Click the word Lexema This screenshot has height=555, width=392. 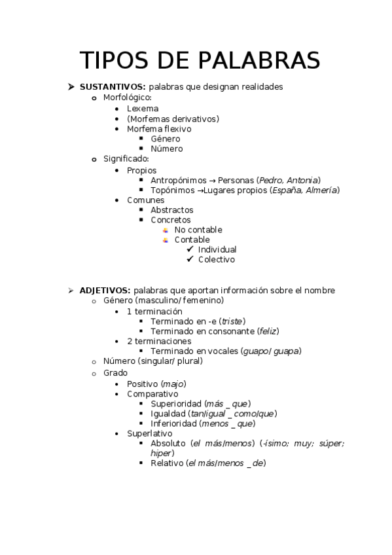(143, 109)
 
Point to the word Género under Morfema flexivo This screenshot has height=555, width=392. (165, 139)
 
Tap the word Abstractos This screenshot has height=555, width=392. (172, 210)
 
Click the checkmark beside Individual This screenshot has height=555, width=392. (190, 249)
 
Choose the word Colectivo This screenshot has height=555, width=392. (216, 260)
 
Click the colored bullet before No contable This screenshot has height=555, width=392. (166, 230)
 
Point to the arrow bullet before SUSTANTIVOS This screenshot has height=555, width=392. (71, 86)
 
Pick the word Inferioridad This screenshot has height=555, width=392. (173, 423)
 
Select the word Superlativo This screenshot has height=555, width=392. (149, 433)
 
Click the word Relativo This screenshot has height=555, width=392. (167, 463)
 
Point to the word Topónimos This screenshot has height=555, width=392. (172, 190)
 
